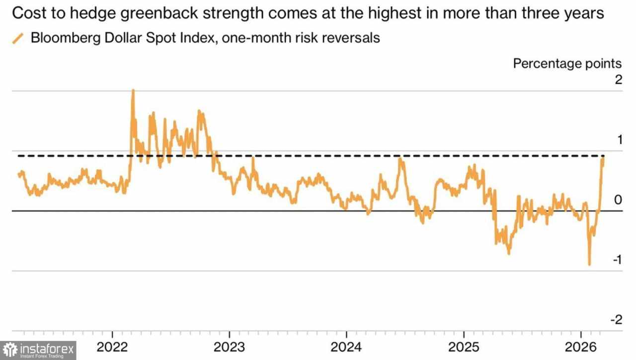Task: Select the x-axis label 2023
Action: click(230, 347)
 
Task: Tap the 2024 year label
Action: click(347, 347)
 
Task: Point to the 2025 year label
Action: click(464, 347)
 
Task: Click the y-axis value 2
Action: click(618, 80)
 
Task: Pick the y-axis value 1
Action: click(619, 140)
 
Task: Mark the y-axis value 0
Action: click(618, 200)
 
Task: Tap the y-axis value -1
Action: click(616, 260)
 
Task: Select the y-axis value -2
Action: click(616, 320)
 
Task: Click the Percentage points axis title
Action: click(567, 64)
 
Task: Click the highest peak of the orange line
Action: click(133, 90)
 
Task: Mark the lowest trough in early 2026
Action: click(589, 265)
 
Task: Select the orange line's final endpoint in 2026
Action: click(603, 158)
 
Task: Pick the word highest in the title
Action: click(392, 14)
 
